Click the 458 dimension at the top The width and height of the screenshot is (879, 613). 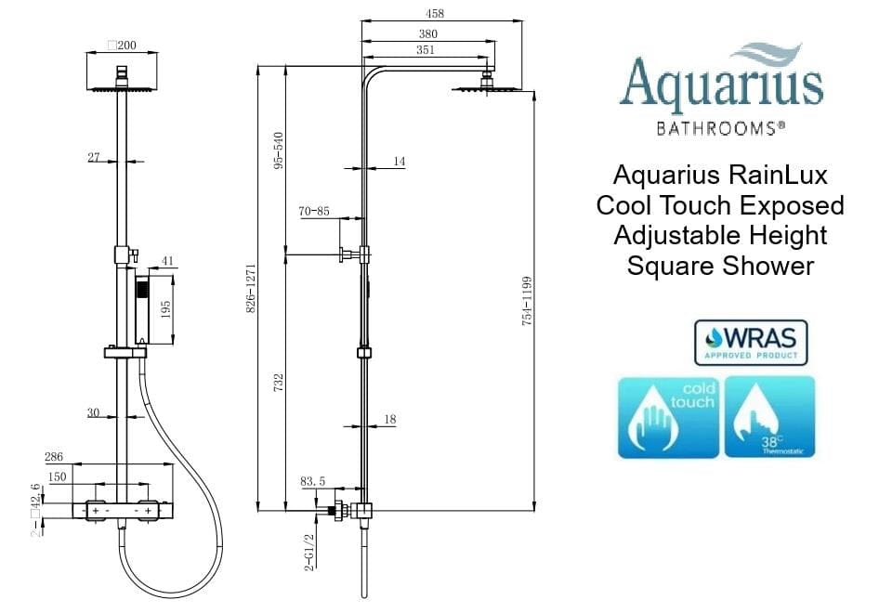tap(435, 14)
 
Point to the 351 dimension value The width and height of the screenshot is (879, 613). tap(425, 50)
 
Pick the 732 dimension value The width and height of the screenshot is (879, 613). tap(279, 382)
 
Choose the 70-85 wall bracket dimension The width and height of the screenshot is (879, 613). tap(315, 211)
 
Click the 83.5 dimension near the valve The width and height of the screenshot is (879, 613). tap(312, 481)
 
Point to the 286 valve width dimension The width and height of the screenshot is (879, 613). tap(54, 457)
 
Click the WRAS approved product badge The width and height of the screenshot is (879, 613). tap(751, 342)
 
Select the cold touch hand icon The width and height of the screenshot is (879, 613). tap(668, 417)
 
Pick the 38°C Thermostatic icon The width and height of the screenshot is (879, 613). tap(771, 417)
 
